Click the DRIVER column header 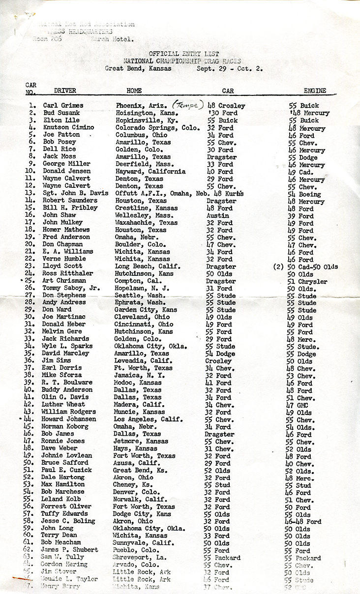point(65,90)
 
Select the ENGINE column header point(315,90)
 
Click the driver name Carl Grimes point(63,105)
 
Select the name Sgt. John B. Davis point(76,193)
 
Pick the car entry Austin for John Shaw point(218,215)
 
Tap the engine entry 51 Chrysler point(307,281)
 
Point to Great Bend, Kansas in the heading point(138,69)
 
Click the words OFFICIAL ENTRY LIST point(184,54)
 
